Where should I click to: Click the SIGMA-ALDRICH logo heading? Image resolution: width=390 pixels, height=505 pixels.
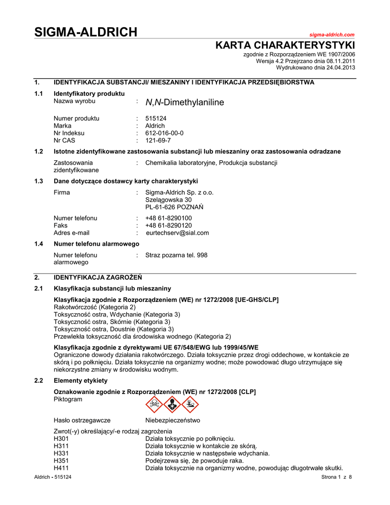pyautogui.click(x=86, y=33)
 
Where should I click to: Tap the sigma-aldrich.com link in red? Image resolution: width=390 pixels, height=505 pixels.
pyautogui.click(x=332, y=35)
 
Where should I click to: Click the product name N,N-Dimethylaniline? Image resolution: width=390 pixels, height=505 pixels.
pyautogui.click(x=184, y=103)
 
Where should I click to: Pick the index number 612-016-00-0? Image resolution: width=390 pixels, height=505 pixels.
pyautogui.click(x=164, y=133)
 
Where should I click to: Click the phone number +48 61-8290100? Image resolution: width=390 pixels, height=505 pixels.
pyautogui.click(x=169, y=218)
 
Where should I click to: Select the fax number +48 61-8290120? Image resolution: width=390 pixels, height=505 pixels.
pyautogui.click(x=169, y=225)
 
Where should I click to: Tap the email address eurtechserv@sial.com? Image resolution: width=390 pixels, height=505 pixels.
pyautogui.click(x=177, y=233)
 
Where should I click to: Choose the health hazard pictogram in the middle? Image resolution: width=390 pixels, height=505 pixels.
pyautogui.click(x=172, y=404)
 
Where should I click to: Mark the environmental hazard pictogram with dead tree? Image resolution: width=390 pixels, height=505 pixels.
pyautogui.click(x=190, y=404)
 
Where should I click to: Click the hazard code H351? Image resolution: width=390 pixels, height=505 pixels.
pyautogui.click(x=61, y=461)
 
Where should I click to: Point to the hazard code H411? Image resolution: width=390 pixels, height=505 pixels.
pyautogui.click(x=61, y=468)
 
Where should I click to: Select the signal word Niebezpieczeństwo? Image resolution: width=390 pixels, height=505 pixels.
pyautogui.click(x=173, y=421)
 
